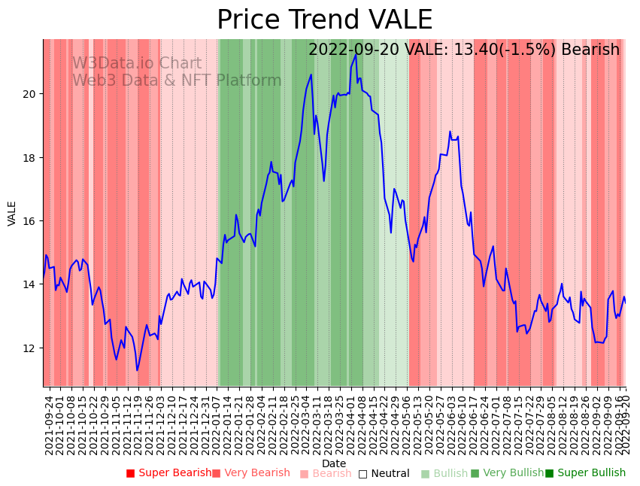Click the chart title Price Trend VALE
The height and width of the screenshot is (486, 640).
click(x=324, y=20)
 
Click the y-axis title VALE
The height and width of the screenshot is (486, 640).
click(x=12, y=213)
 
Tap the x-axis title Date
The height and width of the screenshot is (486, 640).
click(x=334, y=463)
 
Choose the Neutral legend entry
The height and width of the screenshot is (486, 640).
click(x=384, y=474)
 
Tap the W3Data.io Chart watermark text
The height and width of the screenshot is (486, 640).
click(x=137, y=63)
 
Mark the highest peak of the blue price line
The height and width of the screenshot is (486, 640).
click(x=356, y=54)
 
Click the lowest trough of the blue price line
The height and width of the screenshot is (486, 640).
click(x=137, y=370)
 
